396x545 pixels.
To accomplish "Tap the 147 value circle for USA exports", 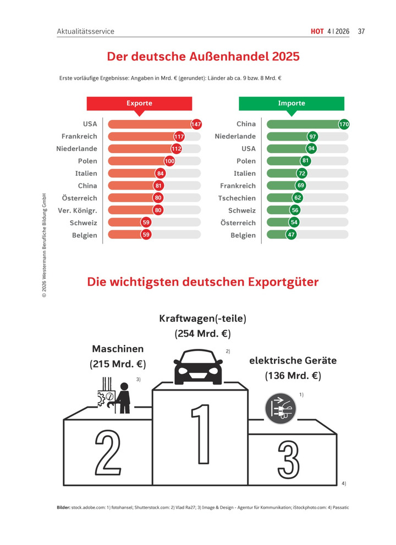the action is coord(196,124).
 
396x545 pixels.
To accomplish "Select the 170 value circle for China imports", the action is coord(344,124).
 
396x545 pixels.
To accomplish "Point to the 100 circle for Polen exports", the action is coord(170,161).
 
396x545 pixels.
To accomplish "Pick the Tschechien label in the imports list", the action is coord(237,198).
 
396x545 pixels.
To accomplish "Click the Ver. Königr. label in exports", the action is coord(77,210).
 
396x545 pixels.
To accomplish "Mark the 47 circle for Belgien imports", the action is coord(291,235).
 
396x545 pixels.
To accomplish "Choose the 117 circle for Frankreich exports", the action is coord(179,137).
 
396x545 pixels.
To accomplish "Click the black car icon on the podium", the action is coord(198,367).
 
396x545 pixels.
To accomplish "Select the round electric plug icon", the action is coord(280,408).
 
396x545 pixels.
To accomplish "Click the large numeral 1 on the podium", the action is coord(201,434).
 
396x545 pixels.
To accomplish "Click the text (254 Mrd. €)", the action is coord(202,333).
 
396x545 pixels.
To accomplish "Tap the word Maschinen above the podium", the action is coord(118,349).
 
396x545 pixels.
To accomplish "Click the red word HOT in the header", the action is coord(317,31).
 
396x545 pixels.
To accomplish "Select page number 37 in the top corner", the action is coord(361,31).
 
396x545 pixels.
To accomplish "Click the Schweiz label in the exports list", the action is coord(83,223).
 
